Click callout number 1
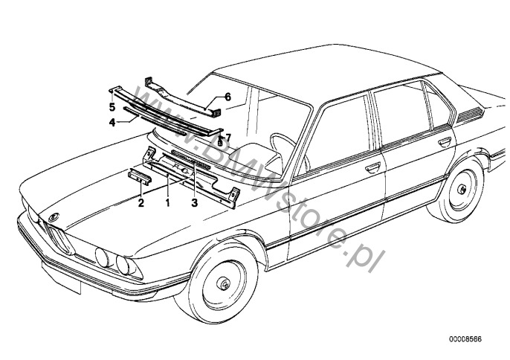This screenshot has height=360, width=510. click(x=168, y=202)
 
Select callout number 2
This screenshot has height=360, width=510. click(x=141, y=202)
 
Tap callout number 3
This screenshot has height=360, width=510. click(x=195, y=202)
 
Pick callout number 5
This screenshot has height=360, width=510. click(x=112, y=106)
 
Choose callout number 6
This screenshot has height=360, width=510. click(x=228, y=97)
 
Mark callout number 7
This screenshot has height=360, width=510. click(x=229, y=136)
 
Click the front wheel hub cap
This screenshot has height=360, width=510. click(x=224, y=285)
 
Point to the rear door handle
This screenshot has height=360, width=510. click(x=445, y=141)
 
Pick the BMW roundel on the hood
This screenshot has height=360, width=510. click(x=53, y=215)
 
